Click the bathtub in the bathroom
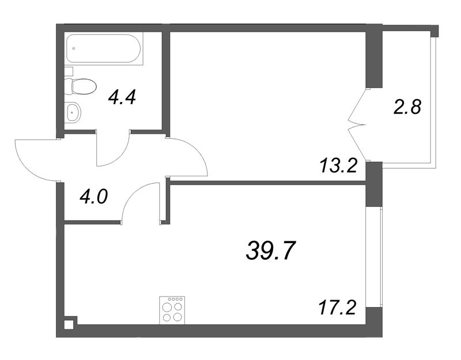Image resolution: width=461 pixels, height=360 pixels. (104, 48)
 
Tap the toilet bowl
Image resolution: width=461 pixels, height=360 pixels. (81, 86)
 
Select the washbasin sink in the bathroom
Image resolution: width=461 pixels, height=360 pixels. (73, 112)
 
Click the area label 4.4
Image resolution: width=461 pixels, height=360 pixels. (122, 97)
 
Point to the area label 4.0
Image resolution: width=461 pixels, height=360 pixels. (94, 196)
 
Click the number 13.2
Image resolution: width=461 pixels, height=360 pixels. (338, 166)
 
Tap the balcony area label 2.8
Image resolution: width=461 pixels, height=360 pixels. (407, 107)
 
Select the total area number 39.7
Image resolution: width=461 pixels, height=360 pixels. (270, 251)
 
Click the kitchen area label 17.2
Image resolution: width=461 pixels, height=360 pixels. (337, 308)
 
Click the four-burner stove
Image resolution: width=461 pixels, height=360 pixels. (172, 310)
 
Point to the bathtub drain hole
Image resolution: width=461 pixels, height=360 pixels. (74, 48)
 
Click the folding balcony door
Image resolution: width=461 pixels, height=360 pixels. (357, 125)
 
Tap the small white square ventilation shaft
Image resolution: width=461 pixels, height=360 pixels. (69, 325)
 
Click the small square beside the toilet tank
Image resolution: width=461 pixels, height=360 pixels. (69, 71)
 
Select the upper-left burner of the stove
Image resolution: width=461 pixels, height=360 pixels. (167, 308)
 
